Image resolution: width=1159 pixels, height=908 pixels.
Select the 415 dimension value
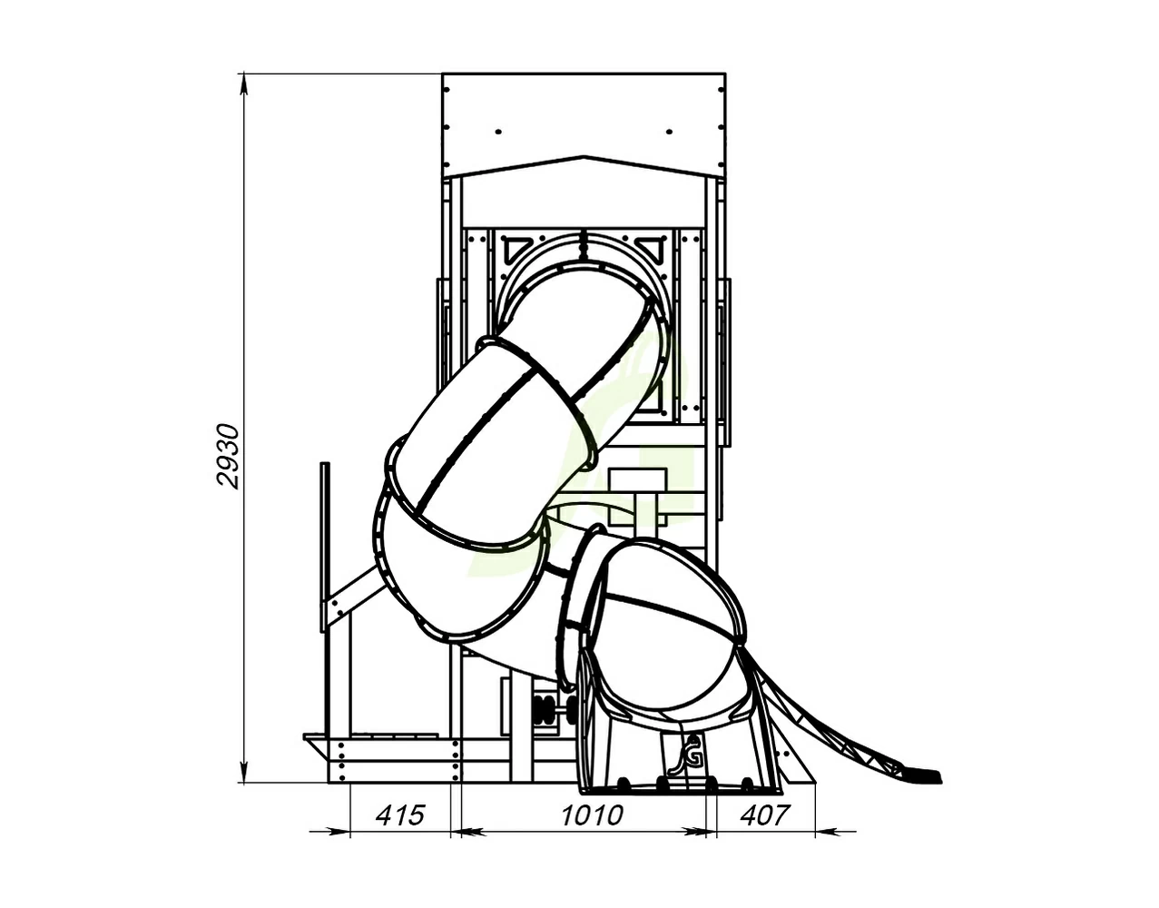(400, 814)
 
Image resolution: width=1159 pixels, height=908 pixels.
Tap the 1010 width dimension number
(592, 814)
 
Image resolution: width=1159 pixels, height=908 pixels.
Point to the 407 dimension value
(764, 814)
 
